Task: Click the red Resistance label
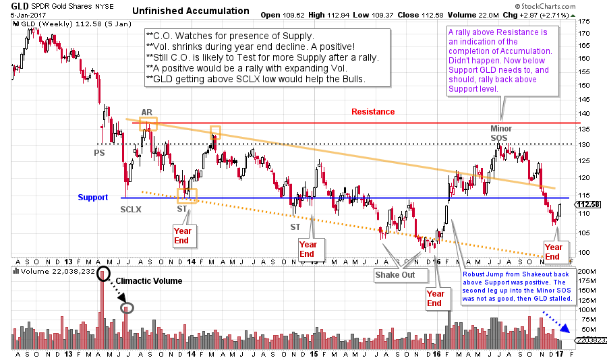[x=373, y=112]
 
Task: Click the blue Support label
[x=92, y=198]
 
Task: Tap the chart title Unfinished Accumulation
[x=191, y=11]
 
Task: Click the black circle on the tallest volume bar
[x=103, y=274]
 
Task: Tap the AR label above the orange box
[x=147, y=112]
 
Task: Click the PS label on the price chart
[x=99, y=153]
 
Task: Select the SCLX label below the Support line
[x=132, y=210]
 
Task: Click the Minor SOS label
[x=500, y=133]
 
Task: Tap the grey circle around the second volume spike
[x=126, y=308]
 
